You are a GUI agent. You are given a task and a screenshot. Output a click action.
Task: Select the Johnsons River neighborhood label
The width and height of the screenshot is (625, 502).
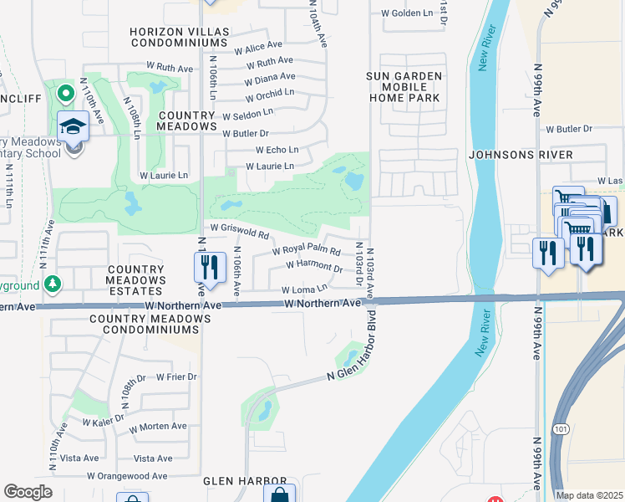click(x=521, y=155)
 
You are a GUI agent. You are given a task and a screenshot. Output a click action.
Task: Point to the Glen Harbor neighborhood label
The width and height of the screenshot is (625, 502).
click(x=236, y=482)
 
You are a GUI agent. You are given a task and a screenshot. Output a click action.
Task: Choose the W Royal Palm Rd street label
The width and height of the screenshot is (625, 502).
click(x=307, y=251)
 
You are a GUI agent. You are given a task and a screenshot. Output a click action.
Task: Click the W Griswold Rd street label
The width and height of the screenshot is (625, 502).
click(x=239, y=228)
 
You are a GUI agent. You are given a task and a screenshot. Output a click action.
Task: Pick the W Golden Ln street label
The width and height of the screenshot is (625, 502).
click(x=407, y=13)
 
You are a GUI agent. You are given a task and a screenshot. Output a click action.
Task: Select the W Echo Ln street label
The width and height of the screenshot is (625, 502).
click(x=271, y=150)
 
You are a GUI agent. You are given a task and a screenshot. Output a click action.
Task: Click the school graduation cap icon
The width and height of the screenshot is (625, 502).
click(x=74, y=127)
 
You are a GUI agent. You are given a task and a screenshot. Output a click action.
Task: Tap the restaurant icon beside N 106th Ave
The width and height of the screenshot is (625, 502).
click(x=210, y=267)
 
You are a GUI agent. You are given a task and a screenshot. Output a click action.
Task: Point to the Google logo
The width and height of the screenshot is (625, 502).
click(x=28, y=491)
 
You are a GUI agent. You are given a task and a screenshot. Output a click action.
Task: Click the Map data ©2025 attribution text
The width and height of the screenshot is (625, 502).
click(x=589, y=495)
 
